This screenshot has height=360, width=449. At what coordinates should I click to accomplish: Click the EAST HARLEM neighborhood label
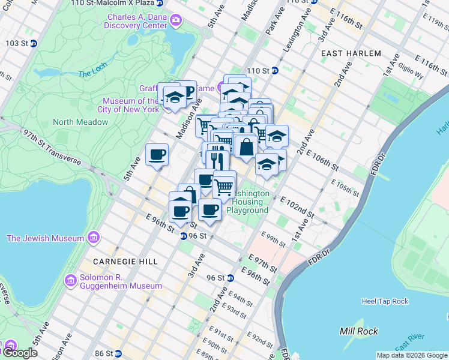click(351, 53)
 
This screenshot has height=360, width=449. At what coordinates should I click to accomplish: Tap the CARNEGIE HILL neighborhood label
click(125, 262)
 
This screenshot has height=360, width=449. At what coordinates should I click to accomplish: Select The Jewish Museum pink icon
click(92, 238)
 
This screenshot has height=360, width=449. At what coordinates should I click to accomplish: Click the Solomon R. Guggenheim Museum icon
click(71, 280)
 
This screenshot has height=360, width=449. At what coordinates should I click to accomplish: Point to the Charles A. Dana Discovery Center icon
click(175, 21)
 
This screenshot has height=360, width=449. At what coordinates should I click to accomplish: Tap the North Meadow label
click(80, 122)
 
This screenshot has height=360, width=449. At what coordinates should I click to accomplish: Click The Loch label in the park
click(91, 74)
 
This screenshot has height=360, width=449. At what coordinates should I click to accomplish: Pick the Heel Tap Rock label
click(385, 301)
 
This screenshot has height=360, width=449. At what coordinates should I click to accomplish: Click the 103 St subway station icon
click(33, 44)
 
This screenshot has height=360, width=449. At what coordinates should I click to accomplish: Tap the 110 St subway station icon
click(274, 70)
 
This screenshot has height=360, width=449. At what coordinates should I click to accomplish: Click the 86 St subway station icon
click(118, 354)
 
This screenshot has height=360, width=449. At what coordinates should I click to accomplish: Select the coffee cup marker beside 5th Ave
click(157, 155)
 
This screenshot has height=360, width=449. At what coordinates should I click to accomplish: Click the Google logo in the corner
click(19, 353)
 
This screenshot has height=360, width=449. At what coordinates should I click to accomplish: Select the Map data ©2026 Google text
click(411, 355)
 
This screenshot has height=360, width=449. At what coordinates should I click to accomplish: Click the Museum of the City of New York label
click(131, 105)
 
